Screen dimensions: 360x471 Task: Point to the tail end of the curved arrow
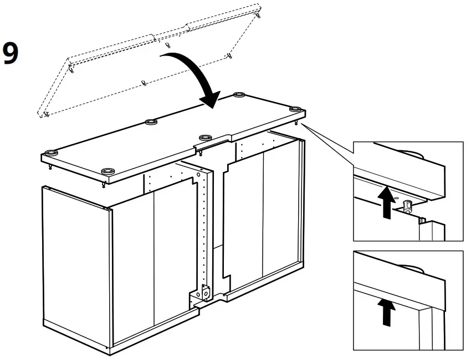click(x=169, y=55)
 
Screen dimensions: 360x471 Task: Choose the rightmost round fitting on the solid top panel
click(x=294, y=109)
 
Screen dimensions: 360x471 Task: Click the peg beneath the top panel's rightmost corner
click(x=298, y=123)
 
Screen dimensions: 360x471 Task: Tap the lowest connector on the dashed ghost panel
click(x=46, y=114)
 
